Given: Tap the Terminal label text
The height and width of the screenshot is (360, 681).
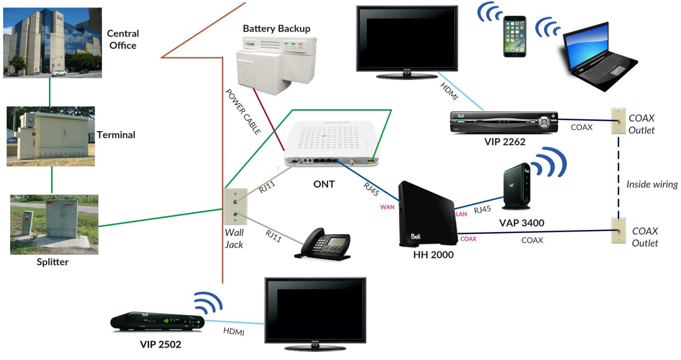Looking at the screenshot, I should pyautogui.click(x=116, y=135).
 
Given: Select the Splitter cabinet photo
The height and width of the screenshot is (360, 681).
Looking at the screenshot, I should pyautogui.click(x=54, y=224).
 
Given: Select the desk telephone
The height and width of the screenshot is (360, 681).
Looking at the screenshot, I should pyautogui.click(x=325, y=247).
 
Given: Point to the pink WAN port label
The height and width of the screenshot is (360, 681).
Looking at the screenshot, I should pyautogui.click(x=388, y=206).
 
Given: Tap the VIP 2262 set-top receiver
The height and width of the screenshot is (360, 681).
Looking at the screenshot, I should pyautogui.click(x=503, y=123).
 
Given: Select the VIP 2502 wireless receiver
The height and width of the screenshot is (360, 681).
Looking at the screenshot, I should pyautogui.click(x=157, y=321).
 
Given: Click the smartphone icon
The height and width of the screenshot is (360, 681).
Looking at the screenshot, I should pyautogui.click(x=515, y=37).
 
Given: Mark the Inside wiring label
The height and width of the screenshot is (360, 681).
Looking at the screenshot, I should pyautogui.click(x=652, y=184).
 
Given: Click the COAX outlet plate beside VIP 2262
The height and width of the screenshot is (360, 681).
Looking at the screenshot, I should pyautogui.click(x=618, y=122).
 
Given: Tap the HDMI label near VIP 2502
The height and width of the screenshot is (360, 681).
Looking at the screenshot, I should pyautogui.click(x=234, y=332).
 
